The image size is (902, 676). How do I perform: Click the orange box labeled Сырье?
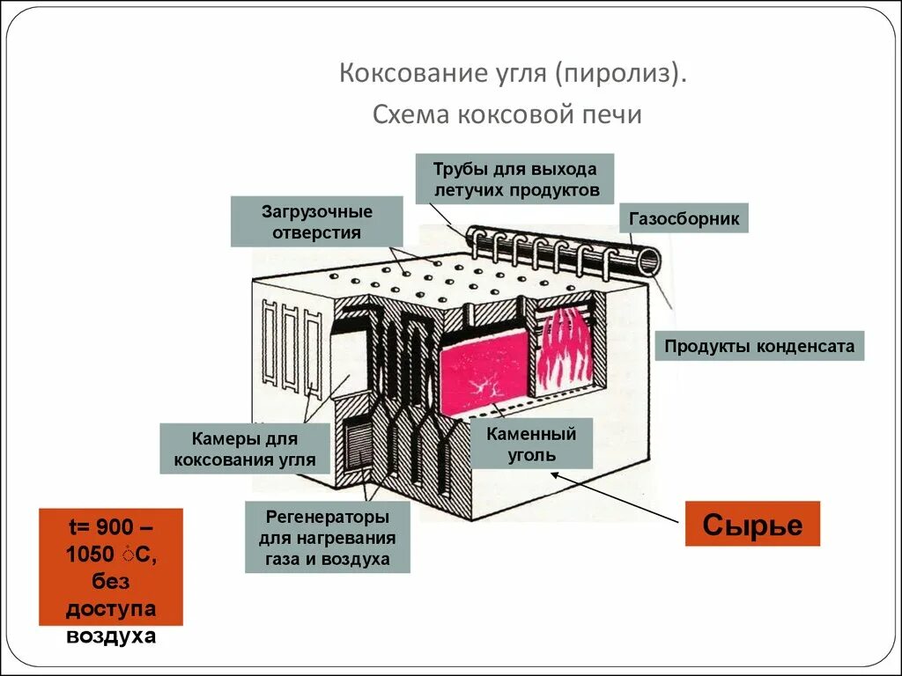pyautogui.click(x=752, y=525)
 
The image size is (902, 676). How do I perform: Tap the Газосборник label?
pyautogui.click(x=684, y=218)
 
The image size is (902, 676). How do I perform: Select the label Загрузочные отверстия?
pyautogui.click(x=316, y=222)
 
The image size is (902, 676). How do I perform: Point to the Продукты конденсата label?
pyautogui.click(x=759, y=346)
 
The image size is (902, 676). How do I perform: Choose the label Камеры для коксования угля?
pyautogui.click(x=244, y=448)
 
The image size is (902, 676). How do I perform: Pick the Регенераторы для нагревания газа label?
pyautogui.click(x=327, y=537)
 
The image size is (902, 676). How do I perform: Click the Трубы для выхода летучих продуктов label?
pyautogui.click(x=515, y=179)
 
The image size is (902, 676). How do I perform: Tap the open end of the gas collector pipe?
pyautogui.click(x=650, y=260)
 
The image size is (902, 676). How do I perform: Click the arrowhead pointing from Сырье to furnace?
pyautogui.click(x=556, y=473)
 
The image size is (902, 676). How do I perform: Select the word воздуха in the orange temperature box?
pyautogui.click(x=111, y=636)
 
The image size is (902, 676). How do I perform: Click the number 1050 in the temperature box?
pyautogui.click(x=89, y=554)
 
